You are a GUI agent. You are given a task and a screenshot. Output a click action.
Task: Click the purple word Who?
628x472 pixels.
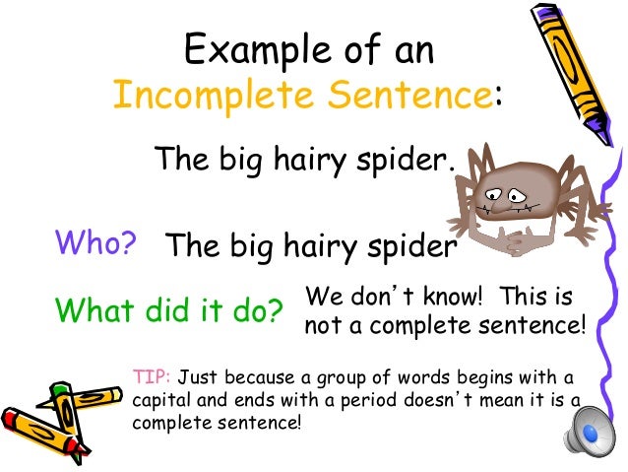(95, 242)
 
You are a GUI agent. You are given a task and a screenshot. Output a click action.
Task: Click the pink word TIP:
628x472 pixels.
(152, 377)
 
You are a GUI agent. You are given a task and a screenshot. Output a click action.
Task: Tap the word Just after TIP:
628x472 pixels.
(200, 377)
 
